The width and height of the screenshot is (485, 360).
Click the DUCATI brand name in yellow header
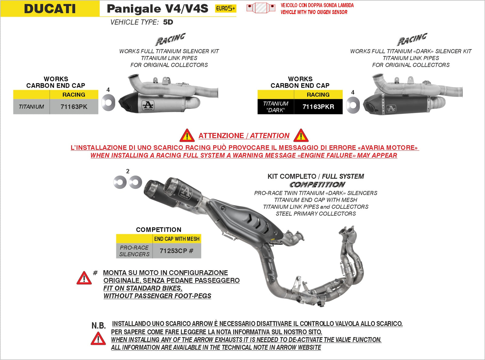coord(50,8)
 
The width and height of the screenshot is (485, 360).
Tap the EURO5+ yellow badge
coord(225,8)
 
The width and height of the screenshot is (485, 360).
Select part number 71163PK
coord(74,107)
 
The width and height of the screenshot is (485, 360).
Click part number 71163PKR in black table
coord(318,107)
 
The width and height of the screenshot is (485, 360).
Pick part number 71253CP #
coord(176,251)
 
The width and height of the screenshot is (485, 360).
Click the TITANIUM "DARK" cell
coord(276,107)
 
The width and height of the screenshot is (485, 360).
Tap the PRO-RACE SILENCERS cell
coord(134,251)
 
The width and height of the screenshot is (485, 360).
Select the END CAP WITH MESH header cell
coord(177,239)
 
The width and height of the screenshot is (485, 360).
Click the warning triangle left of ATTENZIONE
coord(187,136)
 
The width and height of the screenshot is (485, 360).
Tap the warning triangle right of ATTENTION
coord(301,136)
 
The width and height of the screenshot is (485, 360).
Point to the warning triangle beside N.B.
coord(98,338)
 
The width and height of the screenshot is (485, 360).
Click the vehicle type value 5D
coord(168,22)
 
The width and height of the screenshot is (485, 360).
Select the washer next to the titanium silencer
coord(108,103)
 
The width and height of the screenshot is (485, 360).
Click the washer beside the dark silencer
coord(353,105)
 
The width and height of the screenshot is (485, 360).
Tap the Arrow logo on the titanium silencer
coord(148,106)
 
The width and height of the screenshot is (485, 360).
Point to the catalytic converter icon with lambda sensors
coord(261,8)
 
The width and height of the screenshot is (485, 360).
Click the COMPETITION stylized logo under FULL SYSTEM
coord(317,184)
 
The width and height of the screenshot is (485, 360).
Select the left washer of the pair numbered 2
coord(120,182)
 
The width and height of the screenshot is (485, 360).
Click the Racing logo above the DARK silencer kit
coord(412,39)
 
